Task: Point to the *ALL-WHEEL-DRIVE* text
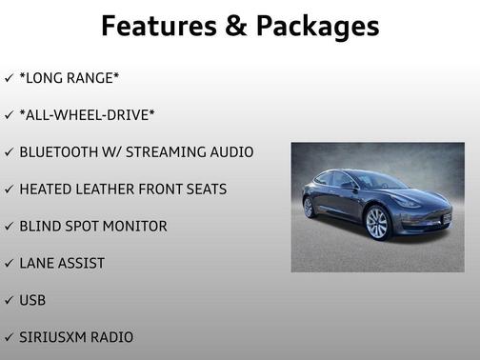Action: coord(87,115)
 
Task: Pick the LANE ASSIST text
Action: coord(62,263)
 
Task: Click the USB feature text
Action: coord(32,300)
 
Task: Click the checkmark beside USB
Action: coord(9,300)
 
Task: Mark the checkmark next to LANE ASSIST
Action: coord(9,263)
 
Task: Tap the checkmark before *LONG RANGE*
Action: coord(9,78)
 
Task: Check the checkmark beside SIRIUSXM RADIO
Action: coord(9,337)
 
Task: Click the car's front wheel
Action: coord(377,224)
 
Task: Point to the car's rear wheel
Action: coord(309,208)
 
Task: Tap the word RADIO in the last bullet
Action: coord(111,337)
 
